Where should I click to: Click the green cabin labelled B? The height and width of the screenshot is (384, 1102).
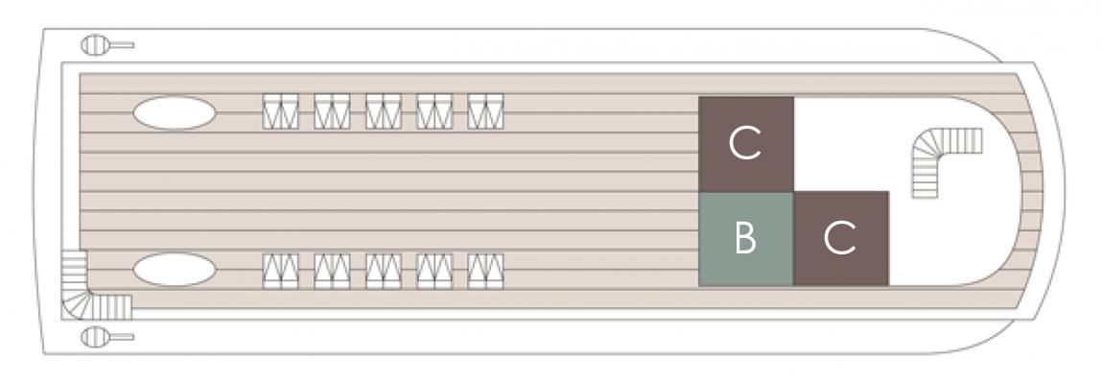(745, 238)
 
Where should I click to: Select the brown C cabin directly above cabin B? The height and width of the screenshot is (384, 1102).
(745, 144)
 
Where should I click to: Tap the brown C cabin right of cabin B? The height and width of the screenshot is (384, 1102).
(841, 238)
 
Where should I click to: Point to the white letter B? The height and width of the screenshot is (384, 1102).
(745, 238)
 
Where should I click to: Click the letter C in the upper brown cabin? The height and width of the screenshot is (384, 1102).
(745, 143)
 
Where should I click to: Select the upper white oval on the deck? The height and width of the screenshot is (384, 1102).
(175, 113)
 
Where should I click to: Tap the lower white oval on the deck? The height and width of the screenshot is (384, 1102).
(175, 270)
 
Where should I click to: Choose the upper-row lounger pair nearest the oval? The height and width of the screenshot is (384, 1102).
(280, 111)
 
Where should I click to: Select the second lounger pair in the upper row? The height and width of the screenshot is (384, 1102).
(332, 111)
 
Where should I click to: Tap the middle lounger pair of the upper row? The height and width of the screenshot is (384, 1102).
(383, 111)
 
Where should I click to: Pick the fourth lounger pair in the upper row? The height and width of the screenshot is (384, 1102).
(434, 111)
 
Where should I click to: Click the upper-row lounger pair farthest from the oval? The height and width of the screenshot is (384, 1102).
(485, 111)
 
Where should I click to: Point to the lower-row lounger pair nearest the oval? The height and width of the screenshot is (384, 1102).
(280, 272)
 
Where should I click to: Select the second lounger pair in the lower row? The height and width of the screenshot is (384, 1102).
(332, 272)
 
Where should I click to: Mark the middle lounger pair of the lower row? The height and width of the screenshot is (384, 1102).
(383, 272)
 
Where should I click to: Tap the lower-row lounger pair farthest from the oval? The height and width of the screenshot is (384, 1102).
(485, 272)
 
